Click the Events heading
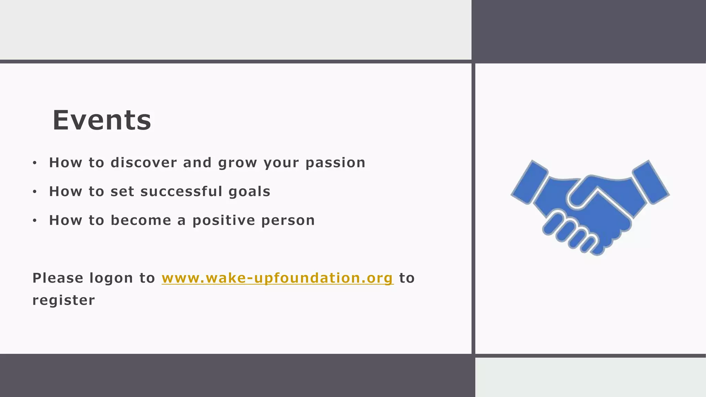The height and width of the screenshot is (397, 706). click(x=102, y=120)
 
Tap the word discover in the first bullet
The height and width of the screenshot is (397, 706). click(x=144, y=163)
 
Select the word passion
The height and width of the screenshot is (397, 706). click(x=335, y=163)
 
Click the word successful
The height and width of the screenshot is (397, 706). click(x=181, y=192)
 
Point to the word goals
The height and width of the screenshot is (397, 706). click(x=249, y=192)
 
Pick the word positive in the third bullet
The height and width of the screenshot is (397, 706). click(x=224, y=221)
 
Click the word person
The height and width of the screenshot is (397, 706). click(x=288, y=221)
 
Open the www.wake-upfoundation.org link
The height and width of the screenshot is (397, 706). click(x=278, y=278)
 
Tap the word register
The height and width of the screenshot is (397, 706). click(x=63, y=300)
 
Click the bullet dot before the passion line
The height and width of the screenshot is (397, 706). click(x=34, y=163)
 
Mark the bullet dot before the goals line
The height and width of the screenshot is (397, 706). click(x=34, y=192)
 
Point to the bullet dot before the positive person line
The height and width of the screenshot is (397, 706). click(x=34, y=221)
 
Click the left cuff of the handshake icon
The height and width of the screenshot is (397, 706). click(x=529, y=182)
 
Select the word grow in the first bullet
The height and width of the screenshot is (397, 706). click(x=238, y=163)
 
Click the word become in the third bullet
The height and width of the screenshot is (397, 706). click(x=141, y=221)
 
